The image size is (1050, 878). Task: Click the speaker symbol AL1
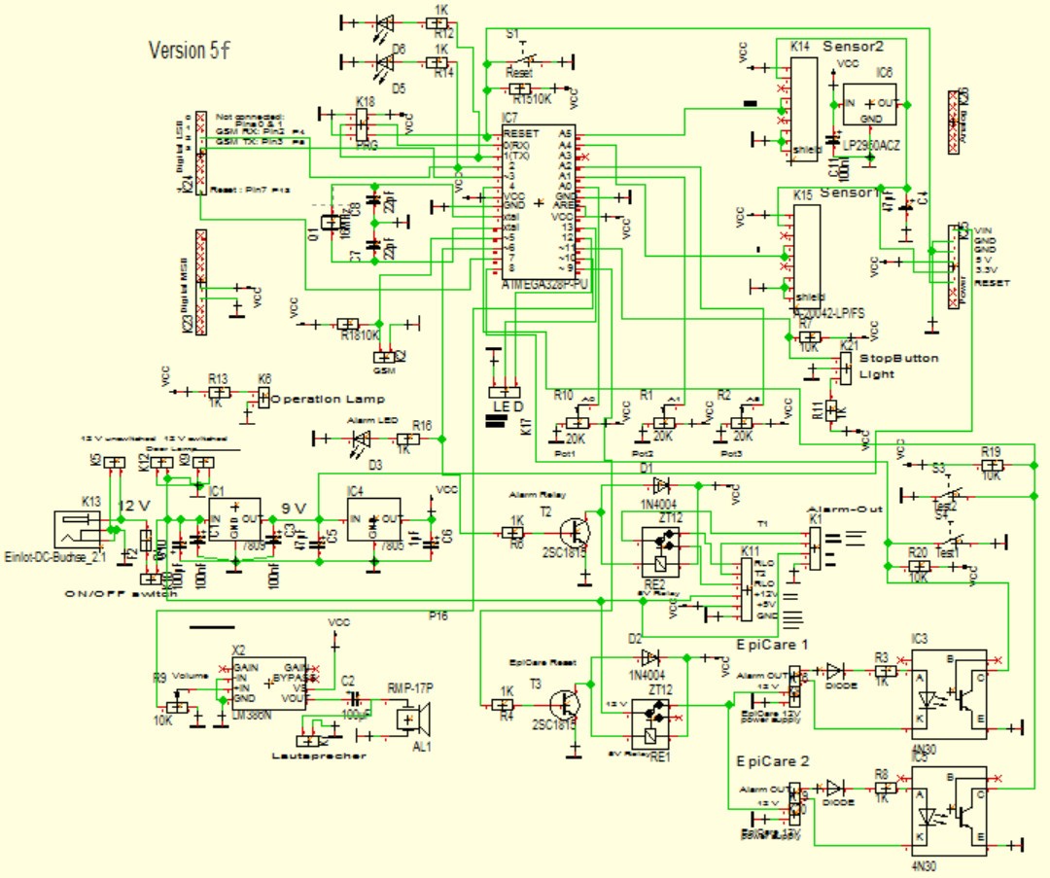point(415,720)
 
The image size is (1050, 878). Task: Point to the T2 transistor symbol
point(577,533)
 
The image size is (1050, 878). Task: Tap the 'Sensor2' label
point(853,46)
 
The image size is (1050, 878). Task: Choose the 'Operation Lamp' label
point(328,399)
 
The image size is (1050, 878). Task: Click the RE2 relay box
point(661,551)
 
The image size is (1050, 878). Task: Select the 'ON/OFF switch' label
point(121,593)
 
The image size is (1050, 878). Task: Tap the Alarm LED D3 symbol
point(359,439)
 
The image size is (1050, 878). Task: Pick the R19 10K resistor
point(990,466)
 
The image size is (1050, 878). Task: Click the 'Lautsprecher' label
point(320,755)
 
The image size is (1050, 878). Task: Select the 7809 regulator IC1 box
point(233,517)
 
